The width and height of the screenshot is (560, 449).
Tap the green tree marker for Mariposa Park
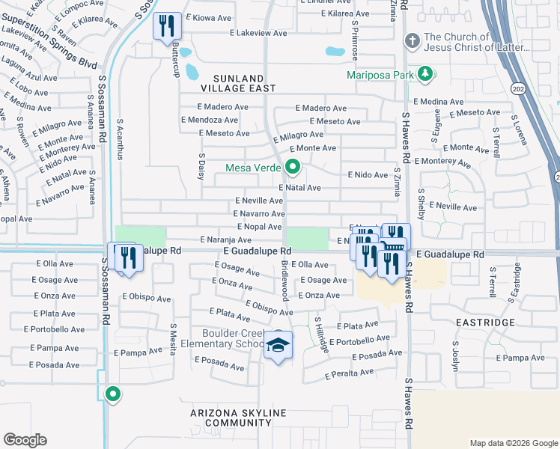pos(425,73)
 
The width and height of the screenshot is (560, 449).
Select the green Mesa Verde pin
pos(293,167)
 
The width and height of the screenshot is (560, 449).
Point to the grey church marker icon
pos(411,39)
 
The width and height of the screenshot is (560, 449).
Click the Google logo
pos(25,439)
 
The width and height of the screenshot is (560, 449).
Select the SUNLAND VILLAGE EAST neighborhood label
pos(238,82)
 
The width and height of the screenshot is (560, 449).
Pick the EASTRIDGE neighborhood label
pos(485,322)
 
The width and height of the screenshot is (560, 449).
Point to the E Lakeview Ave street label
pos(258,33)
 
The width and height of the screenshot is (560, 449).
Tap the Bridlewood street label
pos(284,281)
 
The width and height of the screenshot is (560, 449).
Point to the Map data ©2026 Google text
pos(513,442)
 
